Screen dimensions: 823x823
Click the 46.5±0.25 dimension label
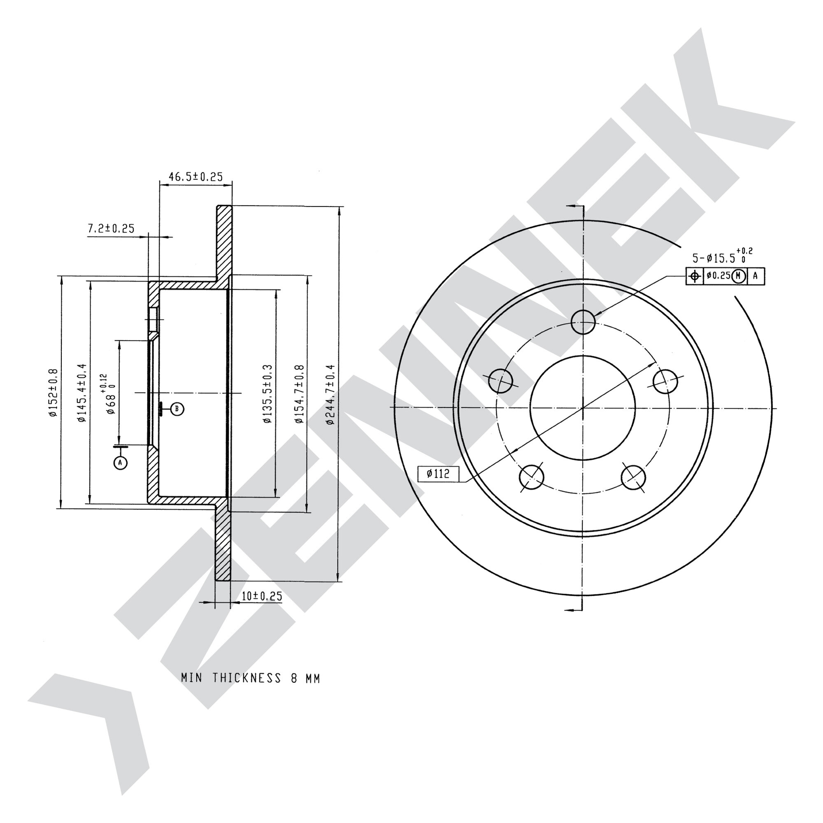[195, 177]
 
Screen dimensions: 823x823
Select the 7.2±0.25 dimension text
[111, 229]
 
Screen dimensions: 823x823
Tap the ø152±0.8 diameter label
[53, 392]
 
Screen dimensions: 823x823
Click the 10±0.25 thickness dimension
[262, 596]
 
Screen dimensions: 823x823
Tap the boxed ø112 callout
[438, 473]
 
